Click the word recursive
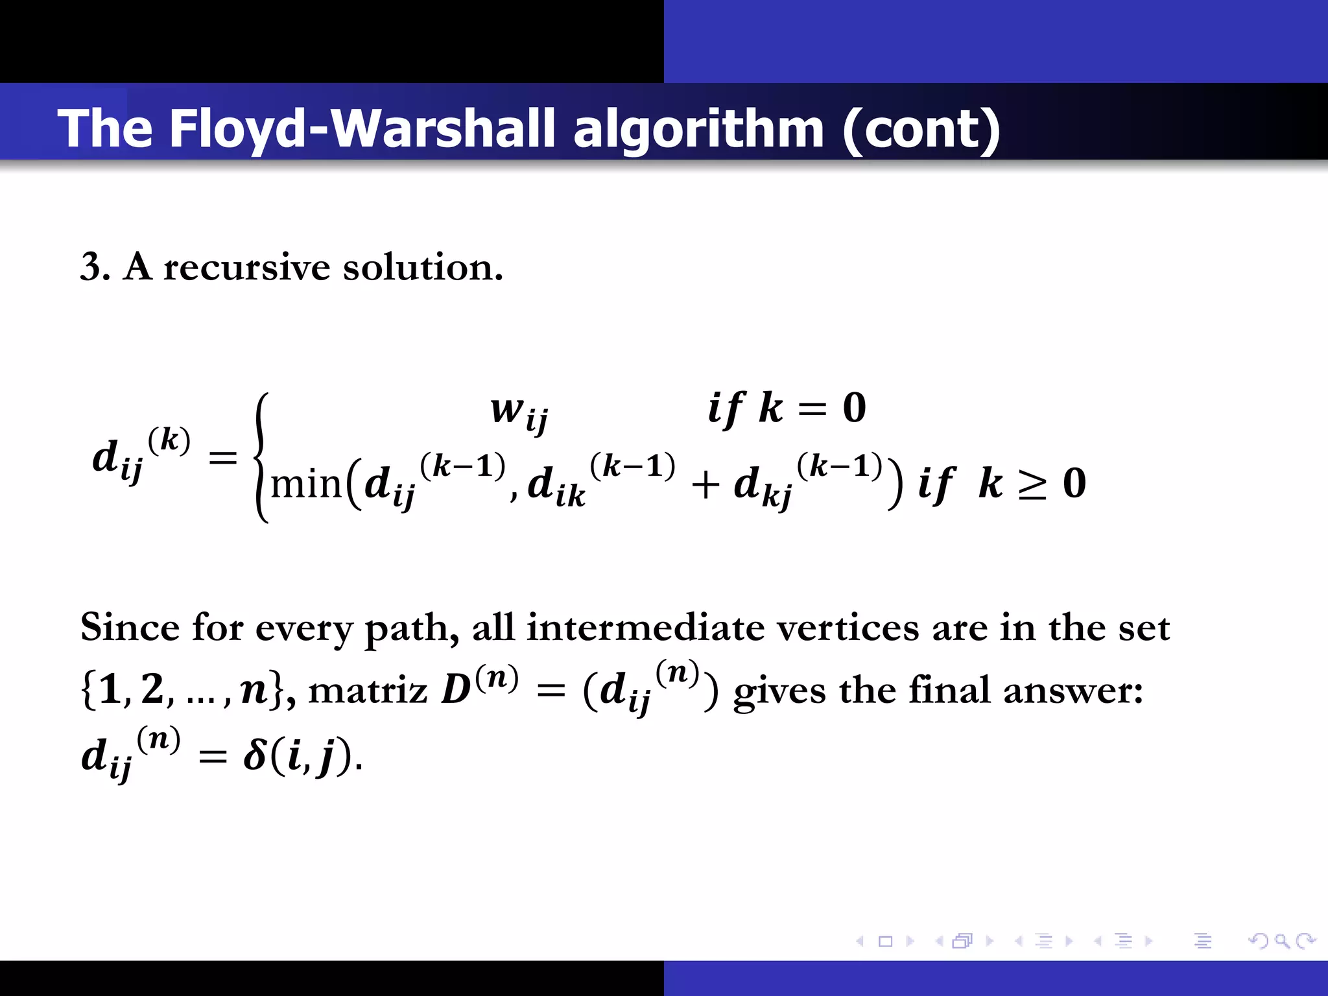246,267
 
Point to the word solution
421,267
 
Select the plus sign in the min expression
705,485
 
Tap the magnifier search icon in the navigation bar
1282,941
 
